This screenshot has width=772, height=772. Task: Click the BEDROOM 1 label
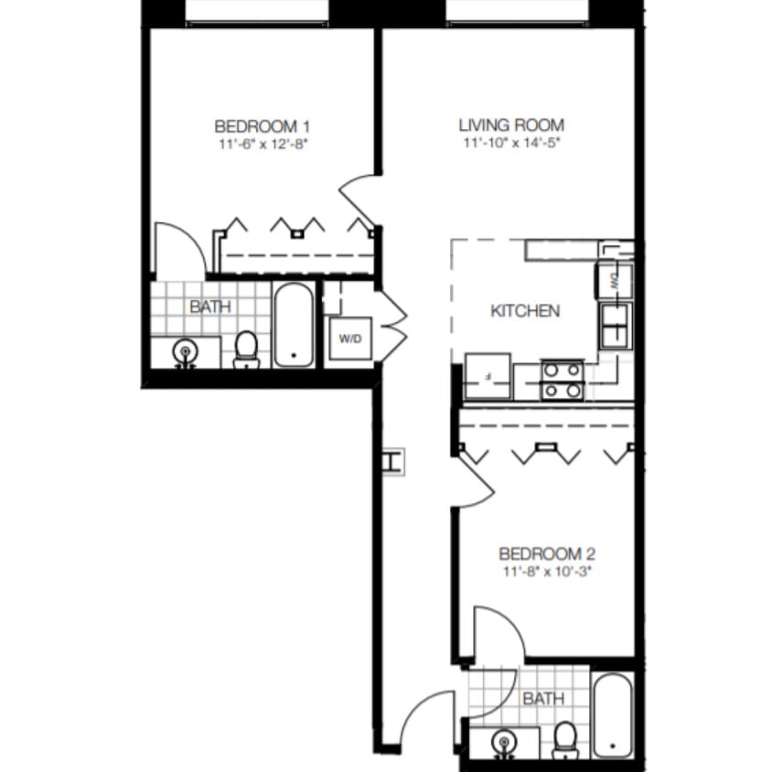(x=255, y=126)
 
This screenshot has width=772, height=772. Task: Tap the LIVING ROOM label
(x=511, y=125)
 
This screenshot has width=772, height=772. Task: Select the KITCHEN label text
(x=525, y=311)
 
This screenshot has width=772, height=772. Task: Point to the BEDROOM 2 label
(x=547, y=554)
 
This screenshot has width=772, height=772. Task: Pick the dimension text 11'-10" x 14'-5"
(x=511, y=144)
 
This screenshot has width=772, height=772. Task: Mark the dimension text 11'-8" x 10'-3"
(x=547, y=572)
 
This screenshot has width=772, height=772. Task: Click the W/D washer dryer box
(x=350, y=339)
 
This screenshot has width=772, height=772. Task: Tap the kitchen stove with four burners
(x=562, y=381)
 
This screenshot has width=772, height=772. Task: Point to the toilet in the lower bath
(x=566, y=739)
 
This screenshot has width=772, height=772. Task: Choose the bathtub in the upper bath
(x=294, y=325)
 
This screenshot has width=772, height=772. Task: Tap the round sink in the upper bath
(x=185, y=351)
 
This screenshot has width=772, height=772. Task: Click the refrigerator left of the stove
(x=488, y=376)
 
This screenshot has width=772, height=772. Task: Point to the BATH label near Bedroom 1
(x=210, y=307)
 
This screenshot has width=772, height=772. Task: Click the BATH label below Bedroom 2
(x=543, y=699)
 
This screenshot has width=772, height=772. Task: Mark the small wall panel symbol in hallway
(x=393, y=461)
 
